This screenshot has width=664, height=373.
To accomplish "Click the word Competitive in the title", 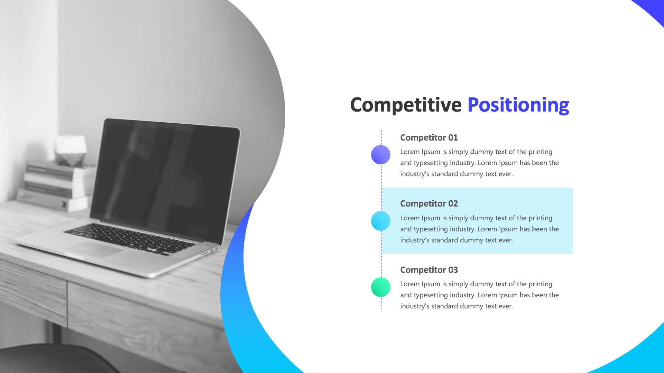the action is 406,105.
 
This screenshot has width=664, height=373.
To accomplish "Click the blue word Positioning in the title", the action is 518,105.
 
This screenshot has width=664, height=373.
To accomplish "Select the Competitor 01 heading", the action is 429,137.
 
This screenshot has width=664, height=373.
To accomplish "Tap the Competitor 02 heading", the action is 429,203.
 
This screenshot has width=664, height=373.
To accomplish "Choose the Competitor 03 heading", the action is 429,270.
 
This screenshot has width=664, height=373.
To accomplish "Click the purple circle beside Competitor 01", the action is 381,155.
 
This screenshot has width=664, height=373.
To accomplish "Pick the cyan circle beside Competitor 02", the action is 381,221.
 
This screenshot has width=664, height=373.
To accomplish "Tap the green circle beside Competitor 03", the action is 381,287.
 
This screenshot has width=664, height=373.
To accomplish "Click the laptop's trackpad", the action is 93,249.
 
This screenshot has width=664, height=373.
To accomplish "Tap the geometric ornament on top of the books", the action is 71,151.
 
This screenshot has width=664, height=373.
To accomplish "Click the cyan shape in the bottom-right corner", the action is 640,356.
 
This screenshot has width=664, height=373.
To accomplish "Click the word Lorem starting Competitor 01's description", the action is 410,152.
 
